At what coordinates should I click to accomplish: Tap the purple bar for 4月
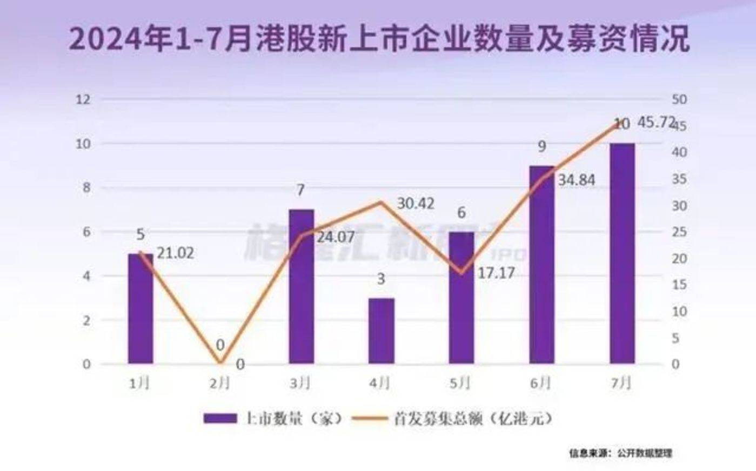click(382, 331)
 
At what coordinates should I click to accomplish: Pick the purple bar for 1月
click(140, 308)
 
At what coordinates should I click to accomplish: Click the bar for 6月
click(541, 264)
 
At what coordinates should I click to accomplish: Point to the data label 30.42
click(416, 204)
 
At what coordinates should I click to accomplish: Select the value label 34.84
click(576, 180)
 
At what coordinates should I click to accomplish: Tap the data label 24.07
click(335, 236)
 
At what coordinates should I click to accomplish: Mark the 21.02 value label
click(175, 253)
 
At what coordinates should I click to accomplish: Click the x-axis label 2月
click(219, 383)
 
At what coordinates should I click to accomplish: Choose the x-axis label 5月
click(460, 383)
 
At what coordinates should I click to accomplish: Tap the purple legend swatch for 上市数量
click(220, 419)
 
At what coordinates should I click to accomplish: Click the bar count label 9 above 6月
click(541, 146)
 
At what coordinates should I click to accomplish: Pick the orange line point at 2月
click(220, 363)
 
